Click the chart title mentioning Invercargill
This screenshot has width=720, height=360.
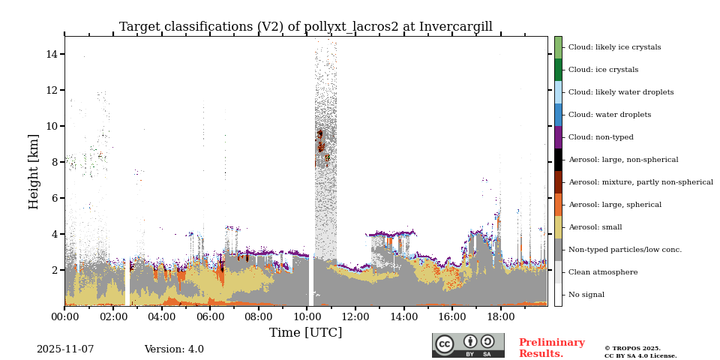(x=306, y=27)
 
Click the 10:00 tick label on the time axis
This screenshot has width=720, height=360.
(x=306, y=317)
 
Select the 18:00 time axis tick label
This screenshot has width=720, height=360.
(x=500, y=317)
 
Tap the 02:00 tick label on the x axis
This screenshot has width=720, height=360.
(x=112, y=317)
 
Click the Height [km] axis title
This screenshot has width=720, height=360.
(x=34, y=171)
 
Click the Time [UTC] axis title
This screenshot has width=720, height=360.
(x=306, y=333)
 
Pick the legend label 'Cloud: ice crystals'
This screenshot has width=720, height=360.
(x=603, y=70)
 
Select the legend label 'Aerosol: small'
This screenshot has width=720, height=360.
(x=595, y=227)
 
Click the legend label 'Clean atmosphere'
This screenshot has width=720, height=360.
(x=603, y=272)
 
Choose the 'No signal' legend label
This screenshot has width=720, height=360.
(x=586, y=295)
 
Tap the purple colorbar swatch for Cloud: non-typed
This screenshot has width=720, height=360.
(x=558, y=137)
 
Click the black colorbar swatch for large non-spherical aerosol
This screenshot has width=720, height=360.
(x=558, y=160)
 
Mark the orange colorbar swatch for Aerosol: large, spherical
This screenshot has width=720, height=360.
(x=558, y=205)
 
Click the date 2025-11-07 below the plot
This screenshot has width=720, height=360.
(x=65, y=349)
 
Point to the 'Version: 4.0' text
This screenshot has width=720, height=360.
(x=174, y=349)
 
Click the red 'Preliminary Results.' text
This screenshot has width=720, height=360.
(x=551, y=348)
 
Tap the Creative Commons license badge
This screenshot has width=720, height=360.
(x=468, y=345)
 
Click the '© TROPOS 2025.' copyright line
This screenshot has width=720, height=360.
(x=632, y=348)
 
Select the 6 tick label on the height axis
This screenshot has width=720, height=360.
(x=55, y=198)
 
